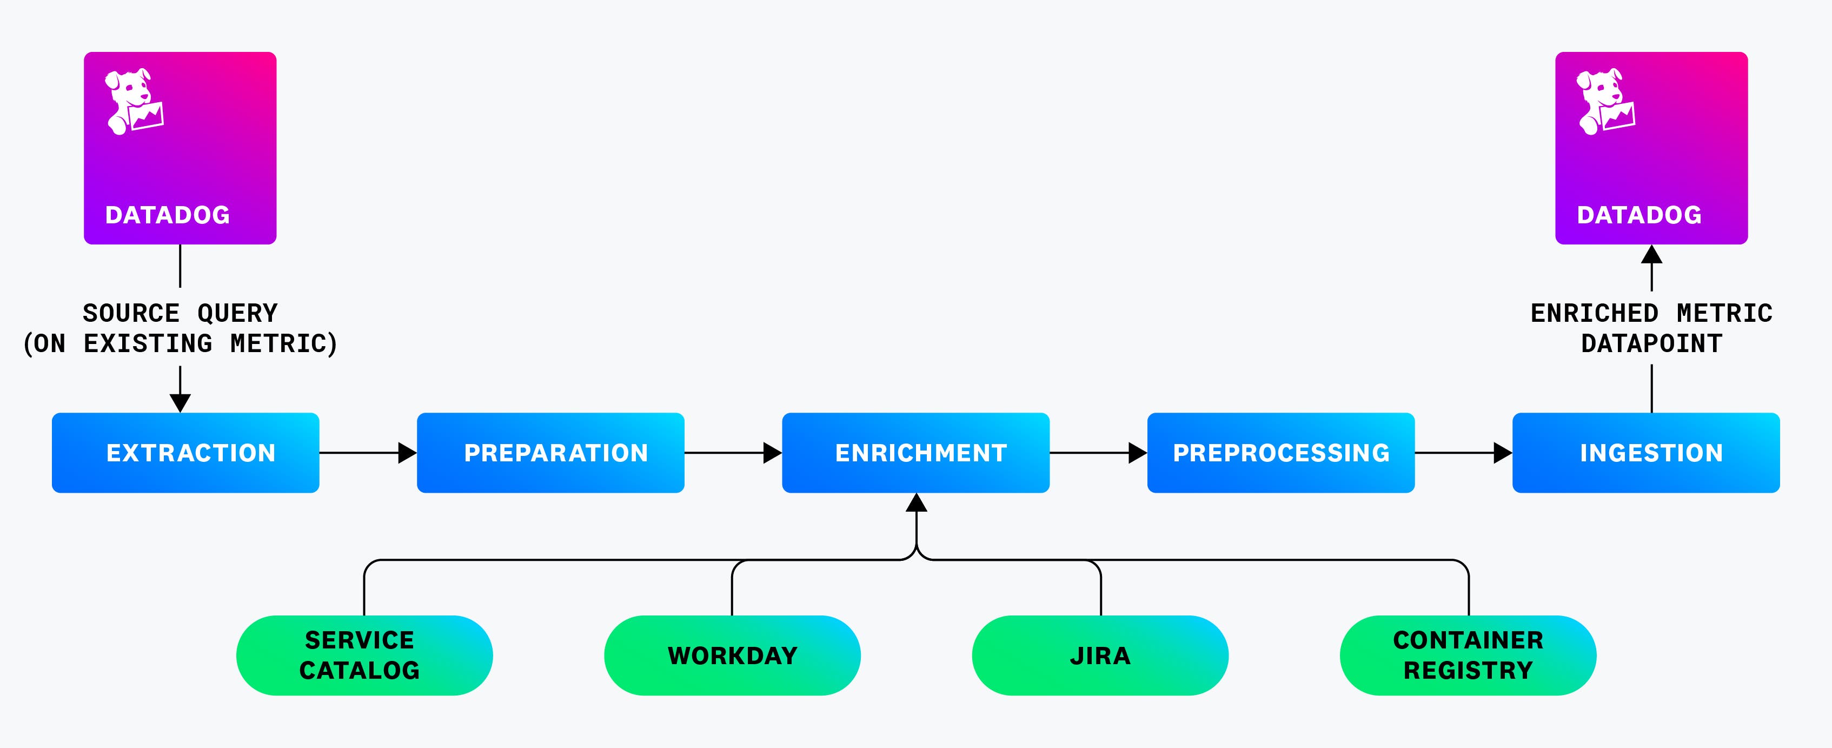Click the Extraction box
185,453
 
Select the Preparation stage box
550,453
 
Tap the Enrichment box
915,453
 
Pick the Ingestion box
1645,453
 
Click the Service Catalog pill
364,655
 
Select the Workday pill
732,655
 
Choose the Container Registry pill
1468,655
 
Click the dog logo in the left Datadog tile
134,101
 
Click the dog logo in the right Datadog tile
1605,101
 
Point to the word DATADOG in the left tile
168,215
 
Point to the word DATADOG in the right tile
1639,215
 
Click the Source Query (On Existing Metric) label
180,328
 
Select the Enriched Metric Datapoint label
1651,328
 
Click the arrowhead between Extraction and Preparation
407,453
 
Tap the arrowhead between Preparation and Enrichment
772,453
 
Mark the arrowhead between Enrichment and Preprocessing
1137,453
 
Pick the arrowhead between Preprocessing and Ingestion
1502,453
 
